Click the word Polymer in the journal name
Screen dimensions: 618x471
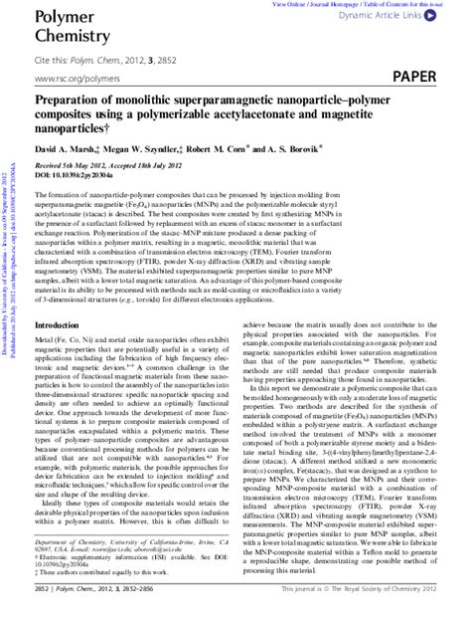pos(59,16)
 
